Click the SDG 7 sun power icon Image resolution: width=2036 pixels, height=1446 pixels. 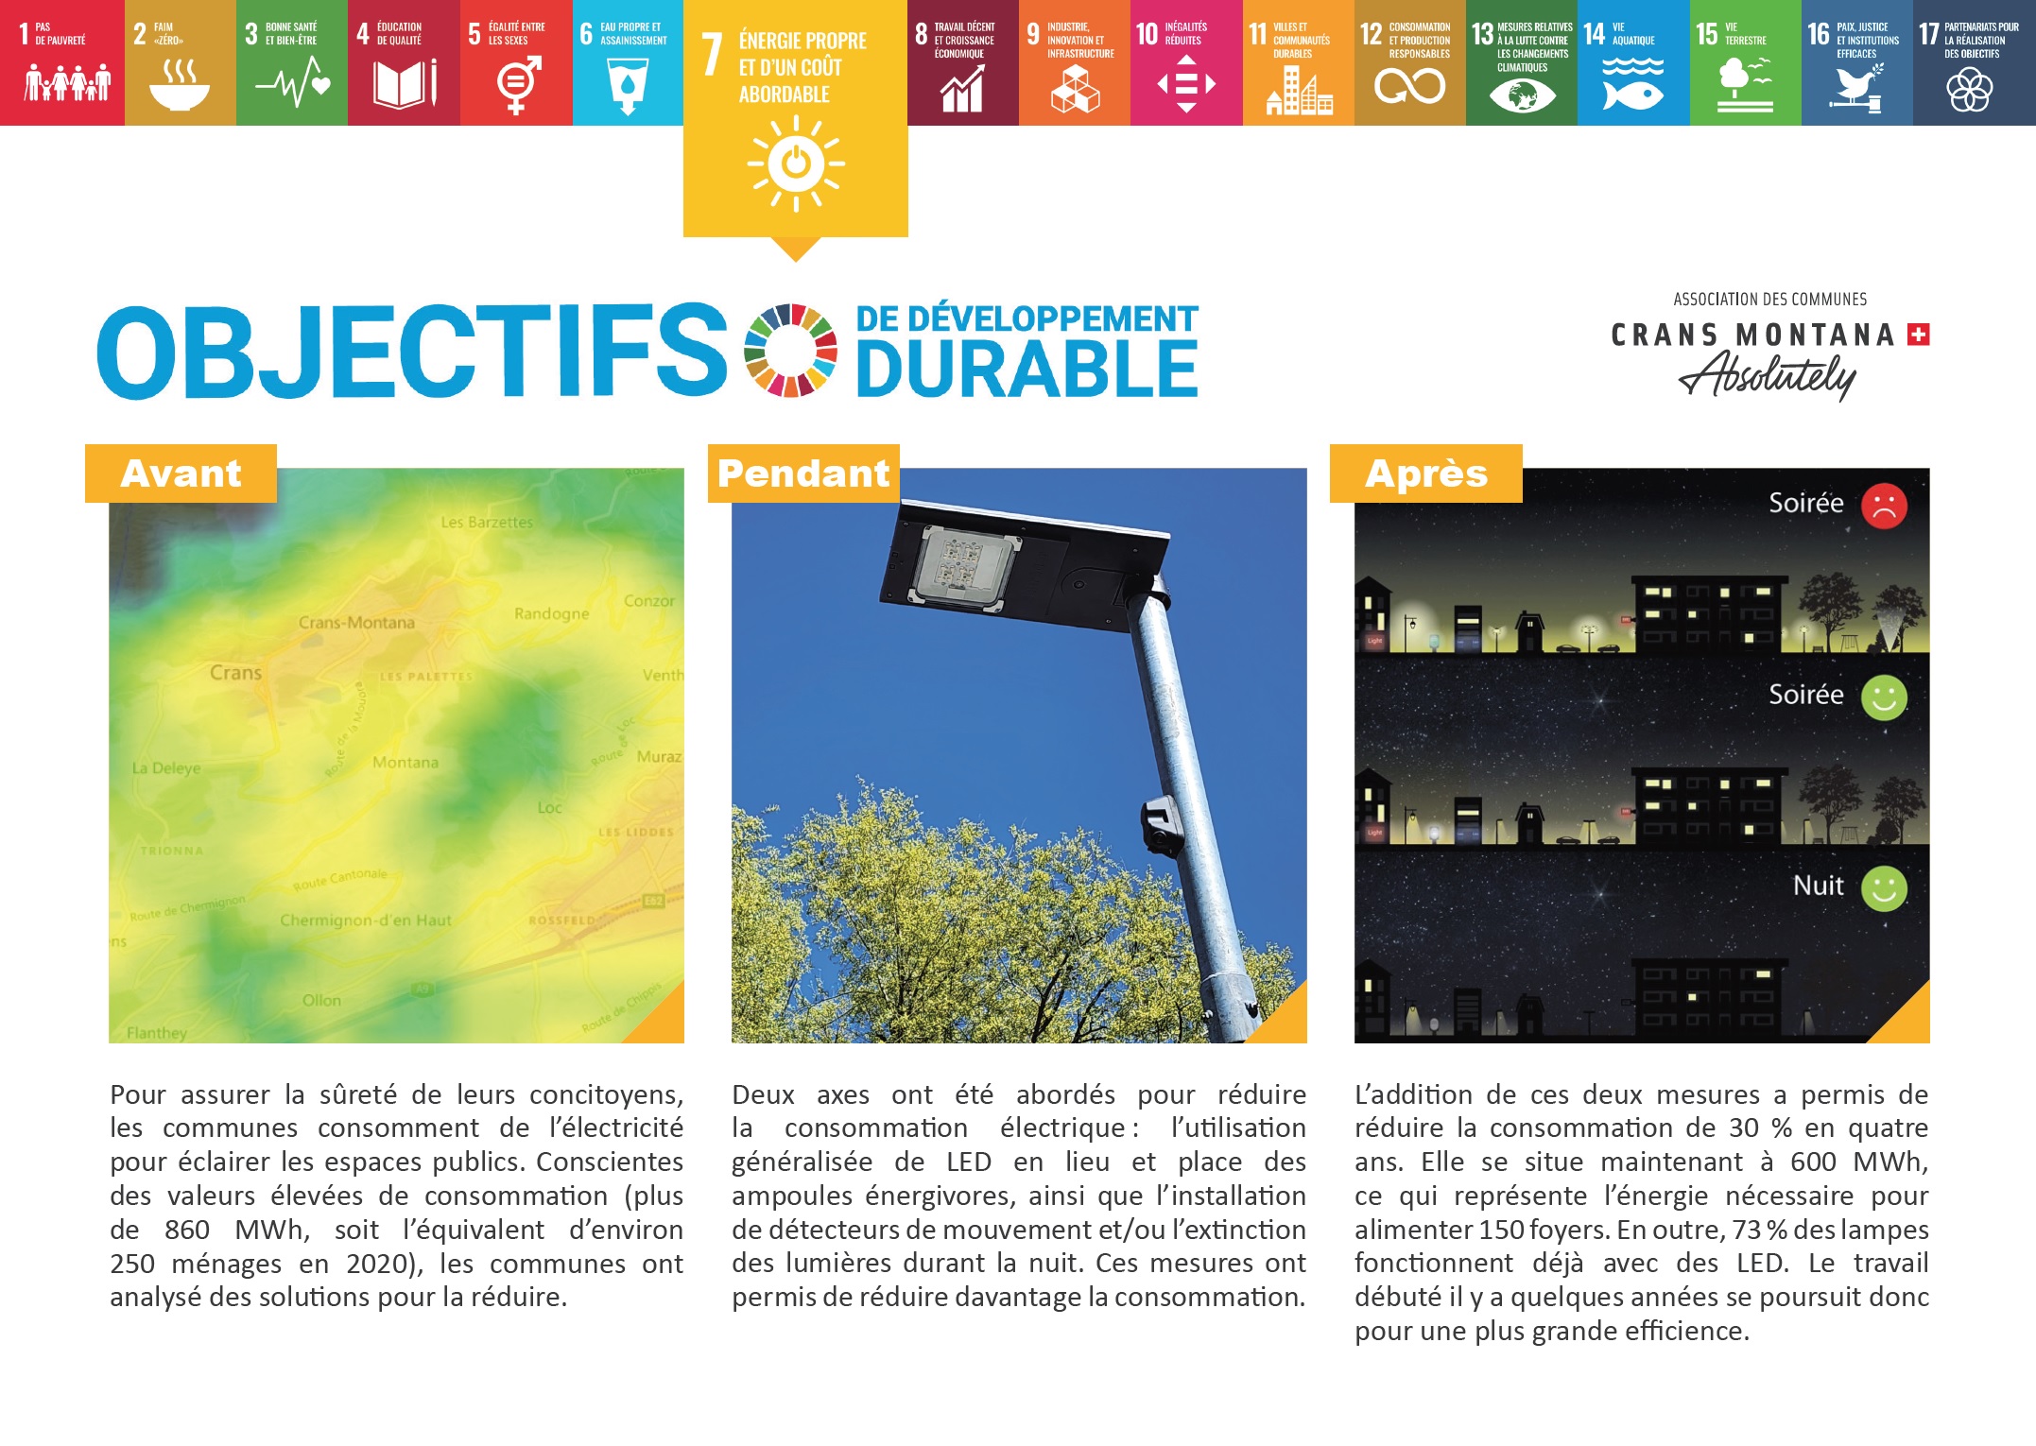[x=796, y=163]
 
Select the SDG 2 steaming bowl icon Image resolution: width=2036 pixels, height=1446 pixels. [x=180, y=85]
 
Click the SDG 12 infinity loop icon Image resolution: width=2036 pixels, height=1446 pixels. [x=1409, y=87]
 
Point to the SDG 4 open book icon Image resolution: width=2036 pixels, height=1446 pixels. [x=405, y=84]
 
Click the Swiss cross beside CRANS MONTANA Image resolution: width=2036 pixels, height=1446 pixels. [x=1919, y=335]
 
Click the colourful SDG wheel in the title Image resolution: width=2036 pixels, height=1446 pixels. [x=790, y=350]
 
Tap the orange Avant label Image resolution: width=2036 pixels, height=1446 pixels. [x=181, y=473]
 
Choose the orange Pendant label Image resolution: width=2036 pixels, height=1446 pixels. [x=803, y=473]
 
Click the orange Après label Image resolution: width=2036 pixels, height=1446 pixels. [x=1425, y=473]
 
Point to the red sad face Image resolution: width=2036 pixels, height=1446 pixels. [x=1884, y=506]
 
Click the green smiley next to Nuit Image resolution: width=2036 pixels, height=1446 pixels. [x=1884, y=888]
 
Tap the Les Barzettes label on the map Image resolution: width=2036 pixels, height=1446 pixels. [x=487, y=522]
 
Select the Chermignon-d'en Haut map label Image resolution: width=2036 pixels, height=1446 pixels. [x=365, y=921]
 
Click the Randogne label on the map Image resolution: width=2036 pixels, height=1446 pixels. [x=551, y=613]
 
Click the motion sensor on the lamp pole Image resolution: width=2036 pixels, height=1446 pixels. [x=1162, y=824]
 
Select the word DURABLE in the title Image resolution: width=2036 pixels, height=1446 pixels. [x=1027, y=368]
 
